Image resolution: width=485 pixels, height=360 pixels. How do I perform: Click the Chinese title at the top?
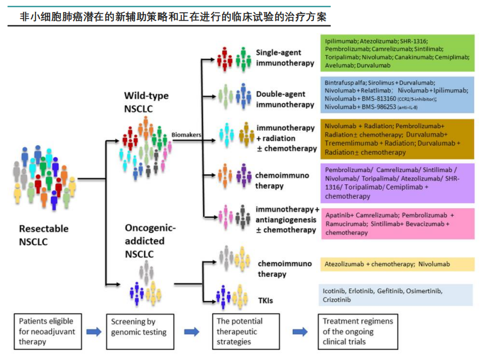175,17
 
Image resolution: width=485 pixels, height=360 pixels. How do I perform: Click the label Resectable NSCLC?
44,235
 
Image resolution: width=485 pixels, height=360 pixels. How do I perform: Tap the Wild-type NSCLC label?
146,102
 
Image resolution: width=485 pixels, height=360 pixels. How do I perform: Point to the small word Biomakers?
186,135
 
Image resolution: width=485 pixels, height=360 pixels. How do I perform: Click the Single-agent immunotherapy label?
285,58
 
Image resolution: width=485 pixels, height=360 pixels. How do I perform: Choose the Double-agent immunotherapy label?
285,99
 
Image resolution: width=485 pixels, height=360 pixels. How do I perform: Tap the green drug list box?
397,52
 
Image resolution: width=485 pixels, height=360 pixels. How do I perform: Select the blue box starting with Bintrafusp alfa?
397,95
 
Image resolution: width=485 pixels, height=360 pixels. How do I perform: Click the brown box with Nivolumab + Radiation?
397,140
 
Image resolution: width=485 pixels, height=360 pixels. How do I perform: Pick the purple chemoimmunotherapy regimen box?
397,183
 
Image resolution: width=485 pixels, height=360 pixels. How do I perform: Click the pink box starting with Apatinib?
397,223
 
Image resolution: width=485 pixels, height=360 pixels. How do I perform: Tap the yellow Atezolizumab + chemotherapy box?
397,264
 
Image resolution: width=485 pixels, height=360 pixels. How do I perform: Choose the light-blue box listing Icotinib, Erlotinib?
397,295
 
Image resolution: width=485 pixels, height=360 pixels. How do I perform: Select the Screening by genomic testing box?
140,331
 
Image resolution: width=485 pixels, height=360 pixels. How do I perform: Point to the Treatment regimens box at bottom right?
359,331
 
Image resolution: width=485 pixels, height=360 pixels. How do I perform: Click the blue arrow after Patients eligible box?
93,332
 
